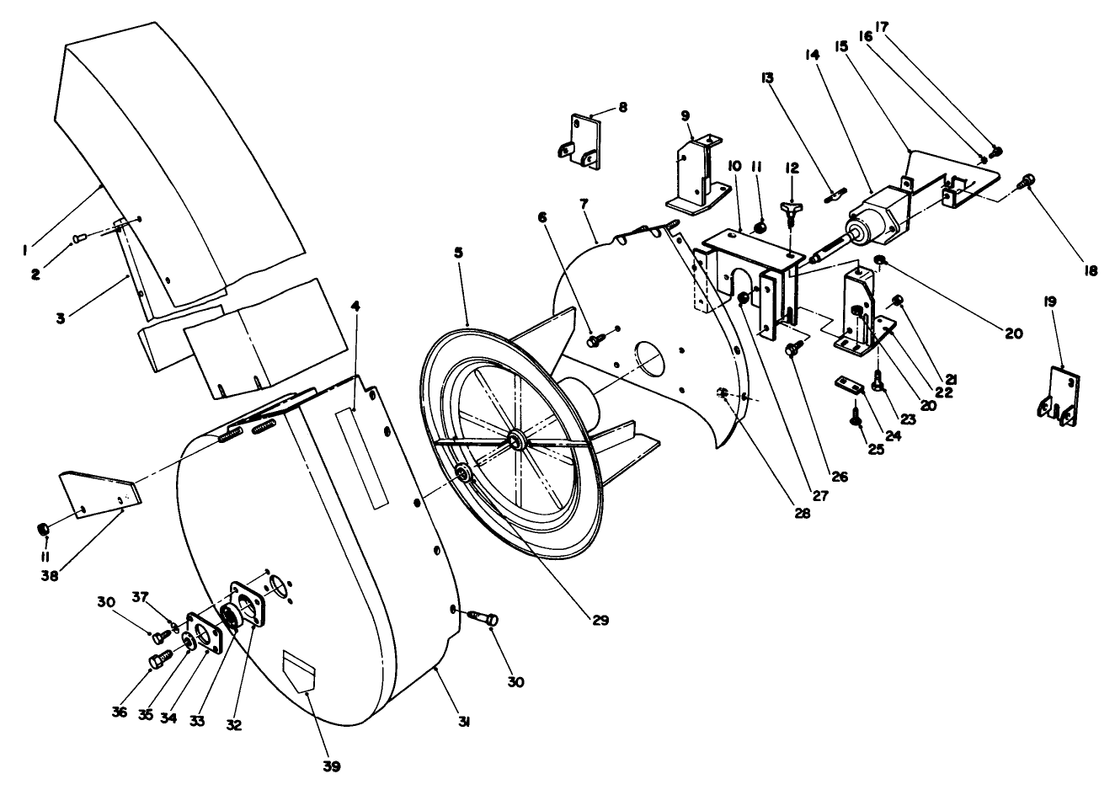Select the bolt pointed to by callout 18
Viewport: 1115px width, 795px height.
point(1026,179)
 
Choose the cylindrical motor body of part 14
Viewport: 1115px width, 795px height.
point(876,212)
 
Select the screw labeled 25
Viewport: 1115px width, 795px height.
point(857,414)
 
